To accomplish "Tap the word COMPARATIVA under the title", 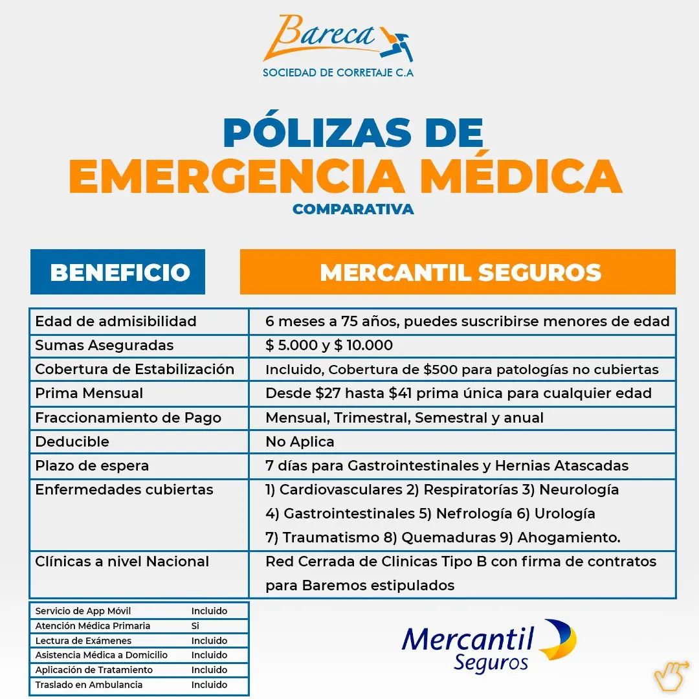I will click(353, 209).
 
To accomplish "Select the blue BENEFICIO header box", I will click(118, 272).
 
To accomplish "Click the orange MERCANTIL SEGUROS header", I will click(458, 272).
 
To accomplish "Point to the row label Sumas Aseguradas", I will click(104, 346).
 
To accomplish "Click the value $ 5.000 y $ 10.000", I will click(329, 346).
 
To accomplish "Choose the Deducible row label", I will click(72, 442).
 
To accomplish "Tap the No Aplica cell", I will click(300, 442).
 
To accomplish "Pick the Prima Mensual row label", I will click(89, 394).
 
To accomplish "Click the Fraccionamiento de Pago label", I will click(128, 418).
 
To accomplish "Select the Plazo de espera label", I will click(92, 466).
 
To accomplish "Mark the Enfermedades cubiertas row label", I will click(124, 490).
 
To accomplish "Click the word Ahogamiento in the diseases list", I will click(568, 538).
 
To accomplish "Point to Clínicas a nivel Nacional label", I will click(122, 562).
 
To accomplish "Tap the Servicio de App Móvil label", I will click(83, 611).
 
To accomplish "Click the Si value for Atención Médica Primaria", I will click(195, 626).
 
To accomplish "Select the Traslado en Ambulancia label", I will click(89, 685).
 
